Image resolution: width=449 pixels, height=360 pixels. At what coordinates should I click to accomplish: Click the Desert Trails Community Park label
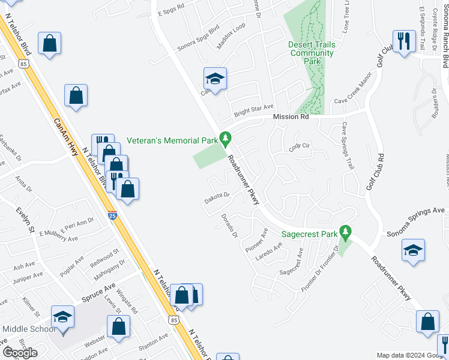[311, 53]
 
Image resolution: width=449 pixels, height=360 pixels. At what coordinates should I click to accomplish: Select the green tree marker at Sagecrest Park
[345, 231]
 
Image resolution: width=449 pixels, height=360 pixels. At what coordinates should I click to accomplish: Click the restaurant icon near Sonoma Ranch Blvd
[404, 41]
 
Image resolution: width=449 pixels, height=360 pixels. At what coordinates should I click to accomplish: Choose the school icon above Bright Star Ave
[215, 79]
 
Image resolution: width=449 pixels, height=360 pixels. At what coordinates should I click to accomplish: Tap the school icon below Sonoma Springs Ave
[413, 251]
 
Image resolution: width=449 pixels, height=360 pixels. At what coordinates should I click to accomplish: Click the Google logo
[20, 352]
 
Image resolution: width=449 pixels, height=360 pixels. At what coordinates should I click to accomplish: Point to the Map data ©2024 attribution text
[403, 355]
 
